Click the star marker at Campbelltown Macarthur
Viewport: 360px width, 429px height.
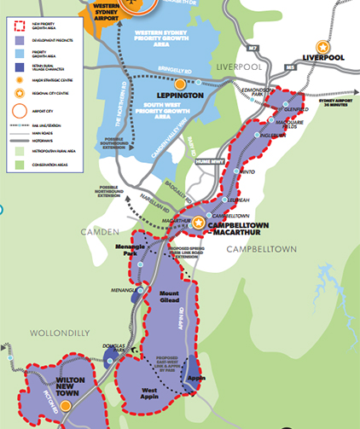[199, 223]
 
